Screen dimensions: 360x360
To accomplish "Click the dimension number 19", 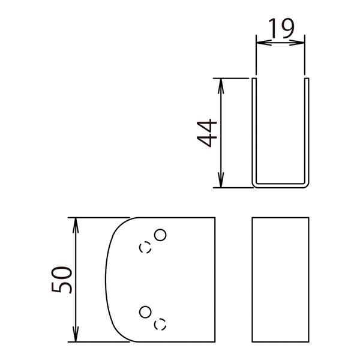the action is (x=281, y=28).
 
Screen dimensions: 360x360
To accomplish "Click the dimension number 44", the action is (x=206, y=133).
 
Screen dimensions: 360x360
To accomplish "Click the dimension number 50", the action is (x=62, y=280).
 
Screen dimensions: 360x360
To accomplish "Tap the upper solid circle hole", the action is (x=160, y=235).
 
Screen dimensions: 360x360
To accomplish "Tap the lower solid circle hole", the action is (x=145, y=312).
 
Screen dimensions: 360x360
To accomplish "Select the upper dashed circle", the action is (x=145, y=247).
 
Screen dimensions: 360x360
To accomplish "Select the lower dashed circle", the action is (x=160, y=325).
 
